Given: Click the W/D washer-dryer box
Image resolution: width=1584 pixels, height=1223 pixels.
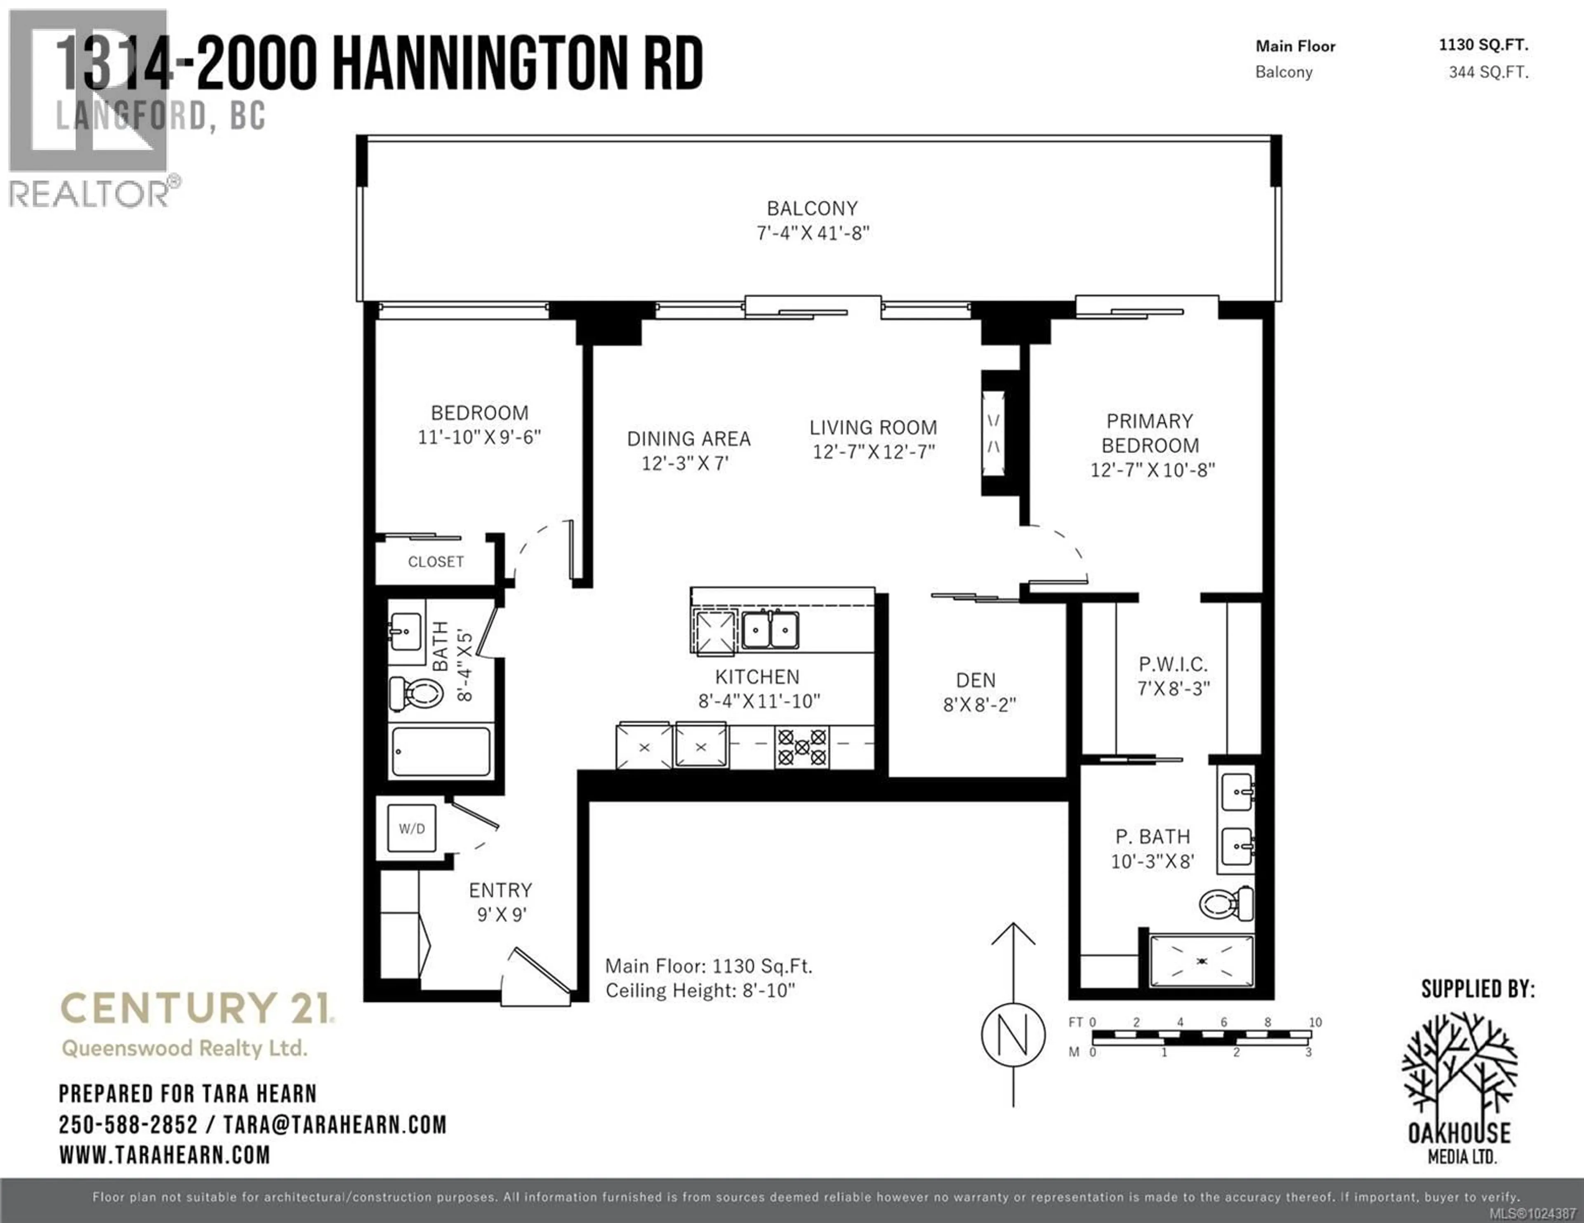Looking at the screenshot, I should [x=411, y=828].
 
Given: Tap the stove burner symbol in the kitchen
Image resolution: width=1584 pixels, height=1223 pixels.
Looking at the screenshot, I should [x=801, y=747].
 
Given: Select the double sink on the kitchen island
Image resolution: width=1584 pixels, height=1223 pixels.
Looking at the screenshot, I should [x=770, y=629].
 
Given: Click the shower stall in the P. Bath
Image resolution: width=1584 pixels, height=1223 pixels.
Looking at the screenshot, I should [x=1202, y=960].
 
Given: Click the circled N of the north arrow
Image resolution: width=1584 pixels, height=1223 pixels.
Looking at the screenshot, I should [x=1013, y=1035].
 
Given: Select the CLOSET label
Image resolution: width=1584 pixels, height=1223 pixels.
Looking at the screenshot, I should [x=435, y=562].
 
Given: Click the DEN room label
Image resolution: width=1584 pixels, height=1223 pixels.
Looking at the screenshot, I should [x=976, y=680].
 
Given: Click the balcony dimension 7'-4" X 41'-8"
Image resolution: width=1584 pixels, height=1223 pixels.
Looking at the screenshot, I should [x=812, y=233].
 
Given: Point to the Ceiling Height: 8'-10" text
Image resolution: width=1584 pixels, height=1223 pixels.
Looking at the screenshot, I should [x=700, y=990].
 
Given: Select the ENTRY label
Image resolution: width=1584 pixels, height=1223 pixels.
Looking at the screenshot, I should [x=500, y=890].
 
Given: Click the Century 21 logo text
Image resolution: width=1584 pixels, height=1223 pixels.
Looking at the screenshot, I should [x=196, y=1008].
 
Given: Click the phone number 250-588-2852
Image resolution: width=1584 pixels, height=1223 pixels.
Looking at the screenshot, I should [x=127, y=1124].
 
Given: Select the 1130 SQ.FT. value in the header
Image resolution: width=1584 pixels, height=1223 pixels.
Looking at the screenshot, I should [x=1483, y=45].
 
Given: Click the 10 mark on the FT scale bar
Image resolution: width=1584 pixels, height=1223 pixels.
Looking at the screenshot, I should [x=1315, y=1022].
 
